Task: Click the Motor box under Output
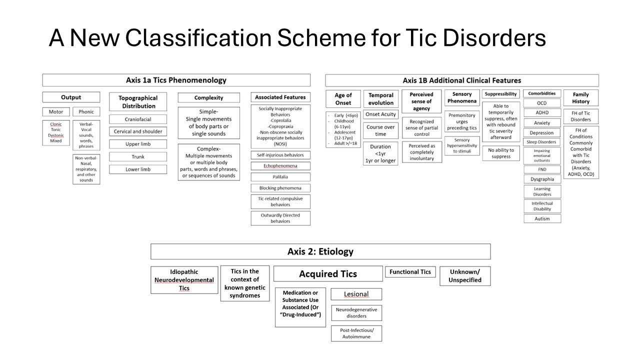[x=56, y=111]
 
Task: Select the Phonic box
[x=86, y=111]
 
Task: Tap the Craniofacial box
[x=138, y=119]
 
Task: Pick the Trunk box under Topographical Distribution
[x=138, y=156]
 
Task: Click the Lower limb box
[x=138, y=169]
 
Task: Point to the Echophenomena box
[x=280, y=165]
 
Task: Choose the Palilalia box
[x=280, y=177]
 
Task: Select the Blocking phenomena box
[x=280, y=188]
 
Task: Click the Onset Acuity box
[x=380, y=114]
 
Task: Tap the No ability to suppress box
[x=501, y=153]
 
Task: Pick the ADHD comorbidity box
[x=542, y=112]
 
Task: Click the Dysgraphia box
[x=542, y=179]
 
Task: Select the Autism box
[x=542, y=218]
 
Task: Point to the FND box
[x=542, y=169]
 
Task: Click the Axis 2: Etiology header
[x=320, y=251]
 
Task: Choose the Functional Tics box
[x=410, y=271]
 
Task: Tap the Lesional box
[x=356, y=294]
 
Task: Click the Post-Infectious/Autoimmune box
[x=356, y=333]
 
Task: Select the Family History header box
[x=581, y=98]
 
